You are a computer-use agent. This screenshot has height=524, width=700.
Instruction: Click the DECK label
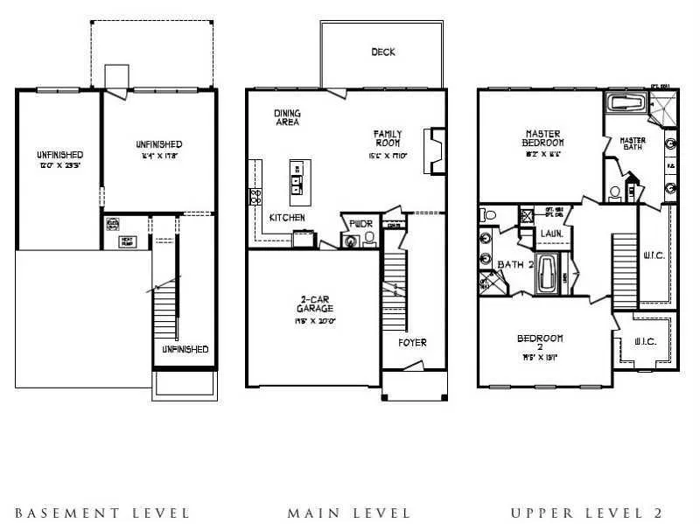pos(383,52)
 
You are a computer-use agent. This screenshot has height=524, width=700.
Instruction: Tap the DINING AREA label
pos(287,117)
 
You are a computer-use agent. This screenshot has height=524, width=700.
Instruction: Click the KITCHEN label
pos(286,217)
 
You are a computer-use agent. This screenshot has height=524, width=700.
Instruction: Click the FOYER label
pos(412,342)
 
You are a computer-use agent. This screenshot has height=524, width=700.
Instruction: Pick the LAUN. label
pos(551,234)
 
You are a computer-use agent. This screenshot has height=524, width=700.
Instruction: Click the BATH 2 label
pos(514,264)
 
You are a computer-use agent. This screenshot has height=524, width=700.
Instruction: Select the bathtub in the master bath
pos(626,104)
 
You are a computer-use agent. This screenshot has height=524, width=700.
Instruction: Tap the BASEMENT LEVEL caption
pos(102,513)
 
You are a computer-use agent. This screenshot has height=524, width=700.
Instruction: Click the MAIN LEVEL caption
pos(348,513)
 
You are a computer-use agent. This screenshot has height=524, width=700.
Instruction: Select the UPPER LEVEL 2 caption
pos(587,513)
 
